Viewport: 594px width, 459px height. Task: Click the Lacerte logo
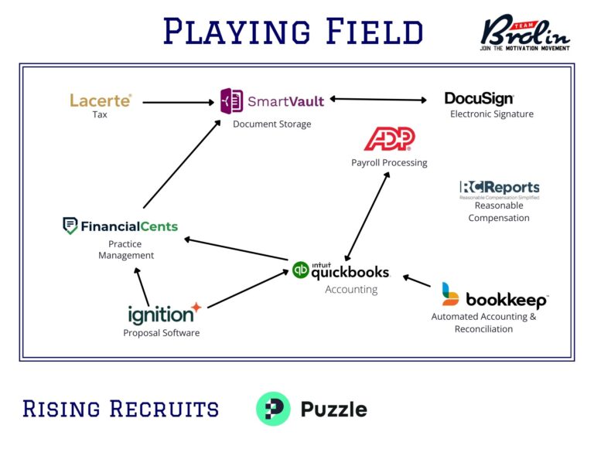point(101,100)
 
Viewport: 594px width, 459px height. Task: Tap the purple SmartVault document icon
point(231,101)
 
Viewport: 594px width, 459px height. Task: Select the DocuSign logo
point(479,99)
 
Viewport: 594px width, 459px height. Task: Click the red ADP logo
point(390,139)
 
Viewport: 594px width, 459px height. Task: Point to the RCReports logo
point(499,188)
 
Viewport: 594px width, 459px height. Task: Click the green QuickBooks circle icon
point(301,270)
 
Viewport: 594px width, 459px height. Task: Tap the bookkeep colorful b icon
point(450,294)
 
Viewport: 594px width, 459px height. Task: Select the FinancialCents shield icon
point(70,226)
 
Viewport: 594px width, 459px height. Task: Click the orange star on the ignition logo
point(196,308)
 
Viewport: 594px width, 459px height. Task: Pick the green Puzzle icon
point(273,409)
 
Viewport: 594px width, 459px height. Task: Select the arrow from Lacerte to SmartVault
point(178,101)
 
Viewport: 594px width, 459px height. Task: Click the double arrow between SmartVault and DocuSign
point(378,99)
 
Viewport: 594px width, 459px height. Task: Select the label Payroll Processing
point(389,163)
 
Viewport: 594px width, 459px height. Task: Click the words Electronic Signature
point(492,114)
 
